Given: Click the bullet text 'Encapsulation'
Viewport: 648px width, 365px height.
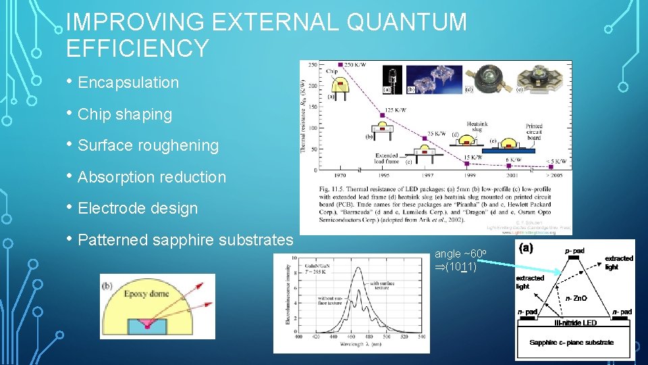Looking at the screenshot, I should coord(128,83).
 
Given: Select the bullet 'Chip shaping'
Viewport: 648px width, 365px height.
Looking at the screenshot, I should coord(125,114).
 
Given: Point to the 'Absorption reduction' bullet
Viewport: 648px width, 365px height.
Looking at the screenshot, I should coord(152,177).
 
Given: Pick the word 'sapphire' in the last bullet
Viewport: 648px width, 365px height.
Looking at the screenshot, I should coord(198,240).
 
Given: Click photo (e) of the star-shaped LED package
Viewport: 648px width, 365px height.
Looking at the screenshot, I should coord(547,76).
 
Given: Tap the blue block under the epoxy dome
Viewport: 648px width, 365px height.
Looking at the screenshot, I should coord(156,324).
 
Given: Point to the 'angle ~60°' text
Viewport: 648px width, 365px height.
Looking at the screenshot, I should coord(456,254).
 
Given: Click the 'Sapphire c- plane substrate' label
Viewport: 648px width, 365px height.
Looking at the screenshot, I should coord(572,343).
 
